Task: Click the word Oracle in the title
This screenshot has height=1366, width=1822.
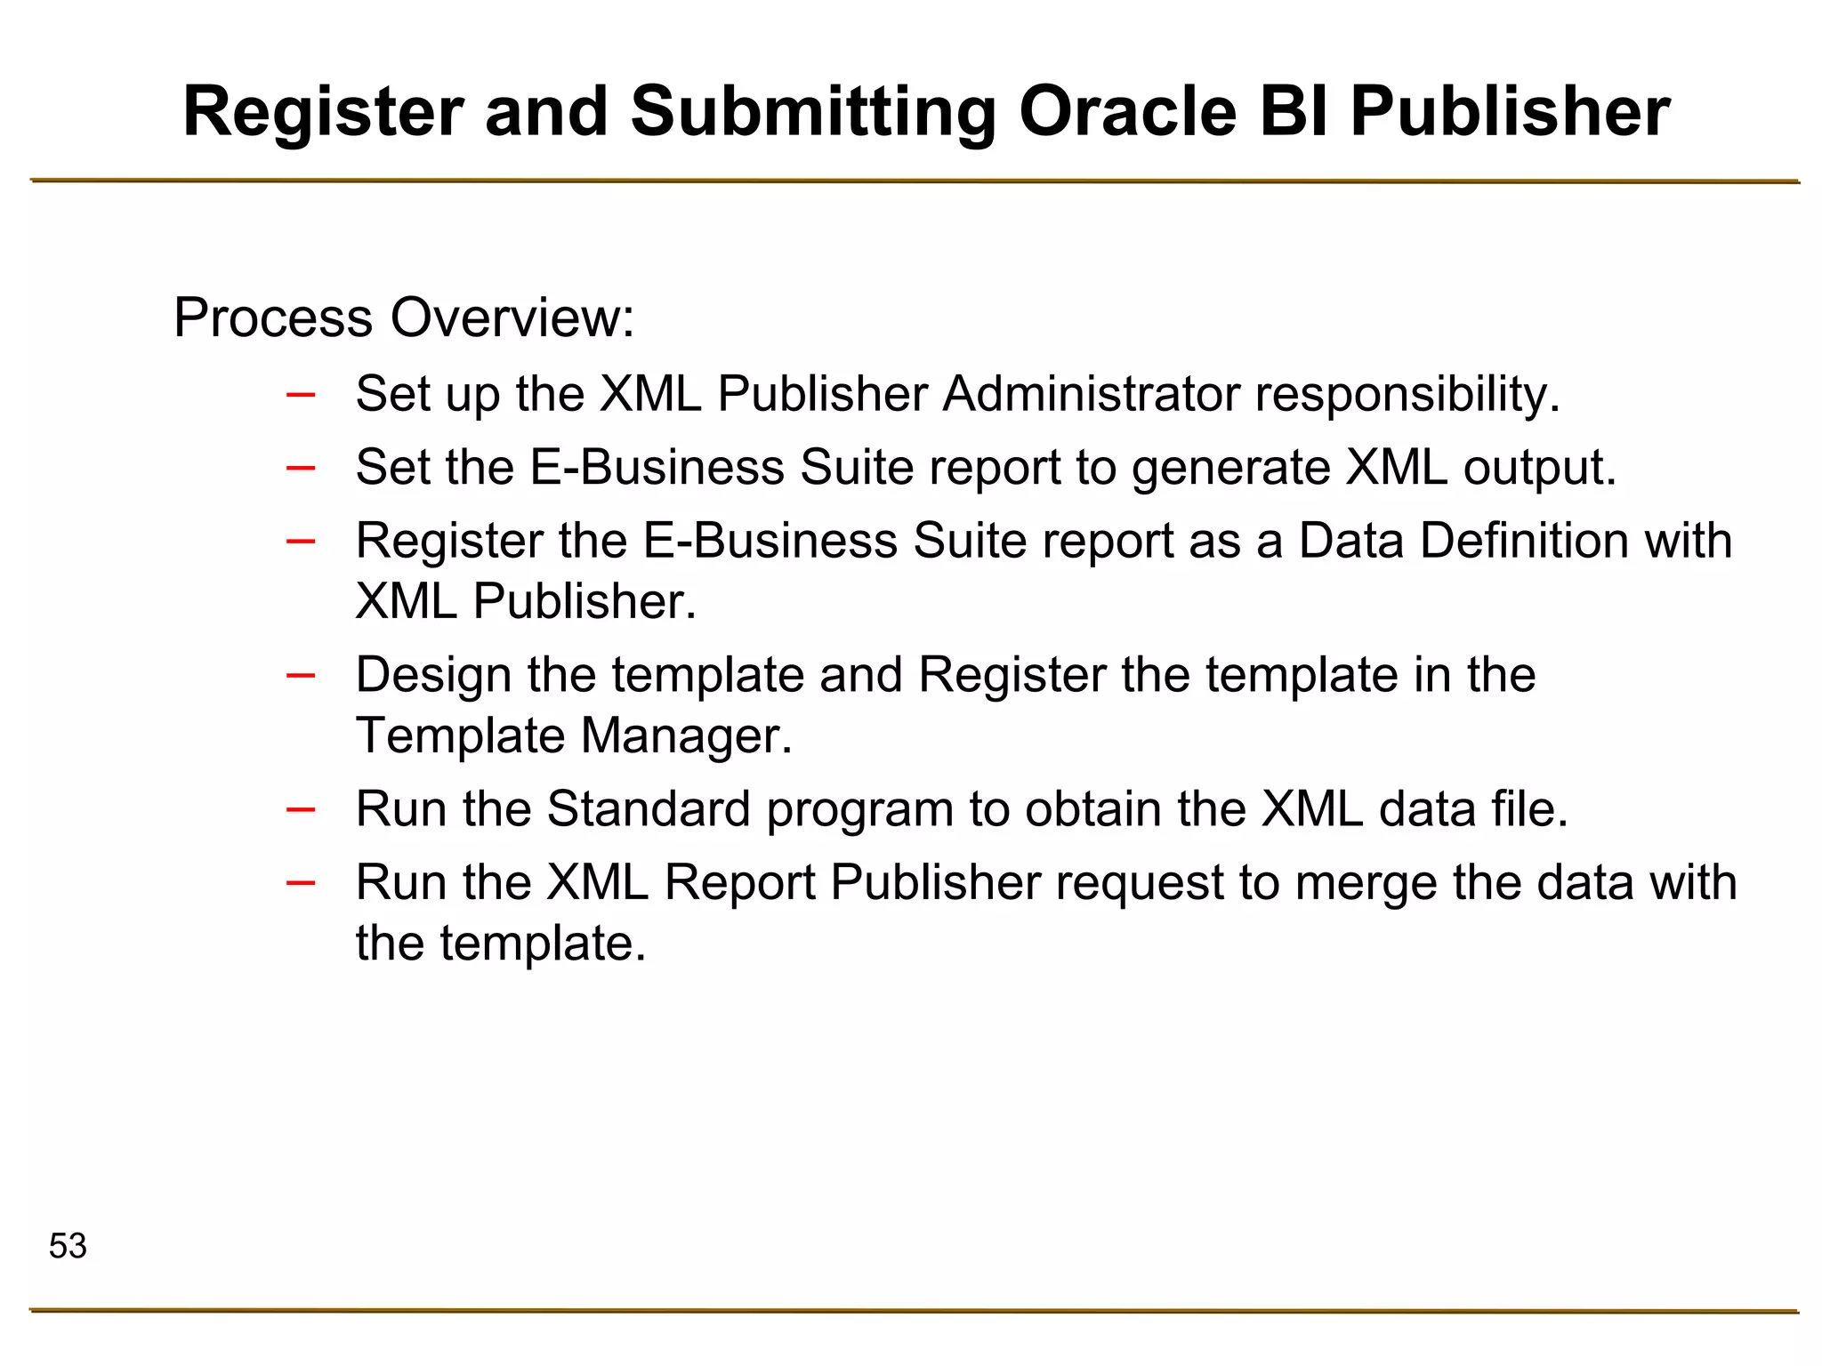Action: (x=1127, y=112)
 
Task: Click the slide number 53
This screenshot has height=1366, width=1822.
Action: (x=68, y=1246)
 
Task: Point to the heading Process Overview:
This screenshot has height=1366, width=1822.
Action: (x=404, y=317)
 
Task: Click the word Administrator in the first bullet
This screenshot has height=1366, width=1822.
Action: (x=1091, y=393)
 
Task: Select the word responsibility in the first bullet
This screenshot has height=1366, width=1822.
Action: (x=1407, y=395)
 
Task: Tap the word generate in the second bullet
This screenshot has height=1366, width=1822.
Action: (x=1230, y=468)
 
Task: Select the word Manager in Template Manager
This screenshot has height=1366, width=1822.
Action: (x=685, y=736)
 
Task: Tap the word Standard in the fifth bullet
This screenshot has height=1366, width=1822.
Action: (x=649, y=809)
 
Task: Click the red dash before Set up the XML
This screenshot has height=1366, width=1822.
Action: (x=301, y=394)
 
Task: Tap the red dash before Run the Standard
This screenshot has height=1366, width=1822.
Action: (x=301, y=809)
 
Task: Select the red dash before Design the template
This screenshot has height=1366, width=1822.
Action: (x=301, y=675)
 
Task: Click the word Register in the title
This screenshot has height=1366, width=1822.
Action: (x=322, y=114)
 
